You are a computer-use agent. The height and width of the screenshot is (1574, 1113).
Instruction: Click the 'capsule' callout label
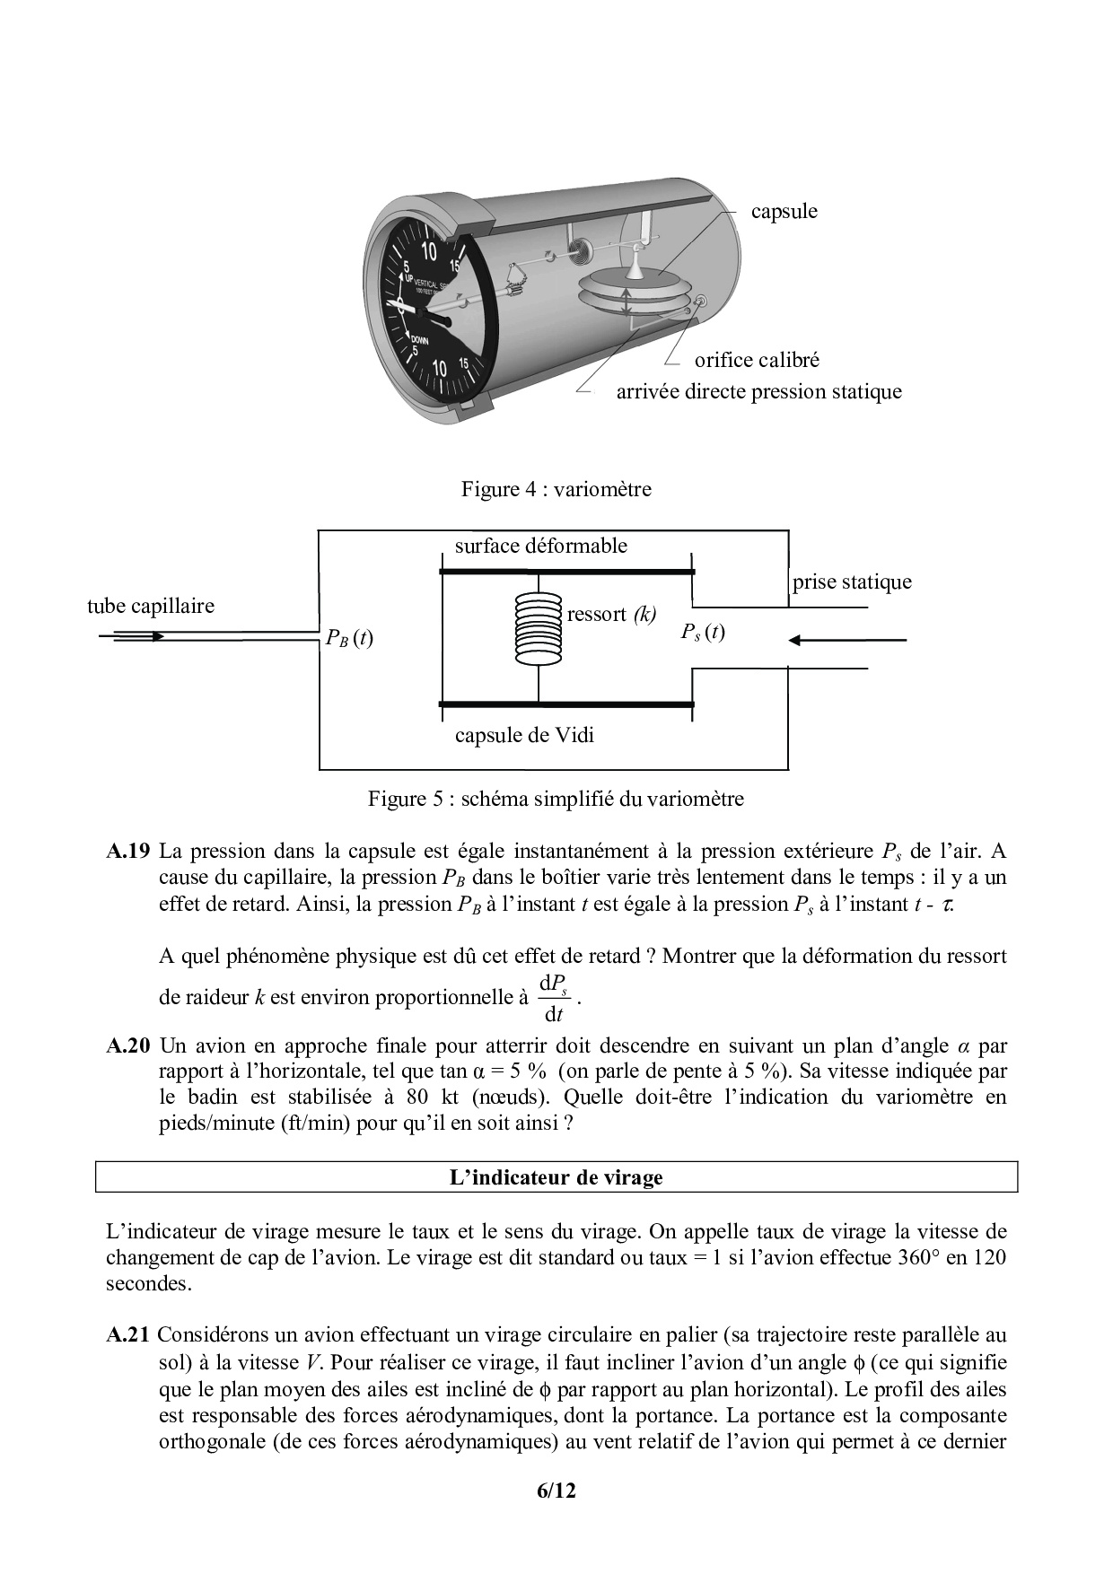pyautogui.click(x=784, y=212)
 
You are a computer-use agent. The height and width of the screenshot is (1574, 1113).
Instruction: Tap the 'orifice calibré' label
pyautogui.click(x=756, y=361)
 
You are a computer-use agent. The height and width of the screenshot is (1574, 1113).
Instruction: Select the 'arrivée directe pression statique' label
pyautogui.click(x=758, y=392)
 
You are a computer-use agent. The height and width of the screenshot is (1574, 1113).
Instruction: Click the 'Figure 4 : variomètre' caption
pyautogui.click(x=556, y=490)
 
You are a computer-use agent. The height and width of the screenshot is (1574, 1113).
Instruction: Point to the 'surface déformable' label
pyautogui.click(x=540, y=546)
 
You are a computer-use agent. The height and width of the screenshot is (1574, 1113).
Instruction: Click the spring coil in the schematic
pyautogui.click(x=538, y=628)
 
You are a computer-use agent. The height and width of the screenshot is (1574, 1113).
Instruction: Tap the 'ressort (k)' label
pyautogui.click(x=611, y=615)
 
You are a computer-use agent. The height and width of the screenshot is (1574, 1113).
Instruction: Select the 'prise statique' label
pyautogui.click(x=851, y=582)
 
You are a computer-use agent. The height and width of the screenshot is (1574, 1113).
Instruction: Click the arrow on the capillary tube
pyautogui.click(x=139, y=636)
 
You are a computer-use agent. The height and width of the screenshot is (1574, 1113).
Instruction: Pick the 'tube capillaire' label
pyautogui.click(x=151, y=606)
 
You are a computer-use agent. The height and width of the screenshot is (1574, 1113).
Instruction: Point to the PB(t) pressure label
pyautogui.click(x=349, y=639)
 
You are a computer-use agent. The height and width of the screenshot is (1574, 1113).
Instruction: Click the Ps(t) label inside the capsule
pyautogui.click(x=702, y=633)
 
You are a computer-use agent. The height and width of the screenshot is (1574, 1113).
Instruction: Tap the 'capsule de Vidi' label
pyautogui.click(x=524, y=736)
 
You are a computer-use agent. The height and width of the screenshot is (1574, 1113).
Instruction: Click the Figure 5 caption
pyautogui.click(x=556, y=799)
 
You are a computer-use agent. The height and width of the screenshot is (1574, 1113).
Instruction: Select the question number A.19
pyautogui.click(x=127, y=851)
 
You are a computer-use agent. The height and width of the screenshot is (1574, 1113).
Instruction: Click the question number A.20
pyautogui.click(x=127, y=1045)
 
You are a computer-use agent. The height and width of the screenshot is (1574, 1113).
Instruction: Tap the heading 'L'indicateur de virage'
pyautogui.click(x=556, y=1177)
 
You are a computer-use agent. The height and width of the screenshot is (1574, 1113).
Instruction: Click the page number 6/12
pyautogui.click(x=556, y=1491)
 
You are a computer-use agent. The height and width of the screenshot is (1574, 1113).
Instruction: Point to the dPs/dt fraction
pyautogui.click(x=554, y=999)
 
